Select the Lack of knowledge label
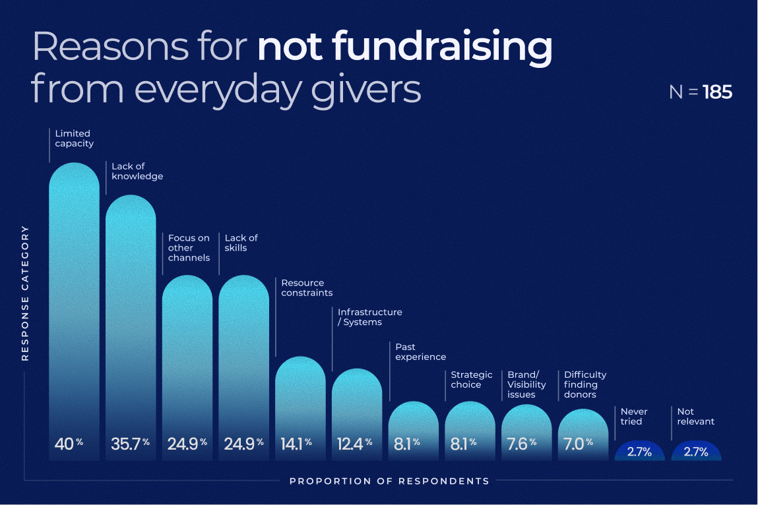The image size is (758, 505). (137, 171)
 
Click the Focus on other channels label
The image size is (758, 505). (189, 248)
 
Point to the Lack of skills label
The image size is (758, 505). (241, 243)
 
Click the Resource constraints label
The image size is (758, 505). (307, 287)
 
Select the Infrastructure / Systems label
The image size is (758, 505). (369, 317)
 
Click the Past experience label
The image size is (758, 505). (420, 351)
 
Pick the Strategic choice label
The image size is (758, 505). (471, 380)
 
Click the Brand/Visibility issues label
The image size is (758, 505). (526, 384)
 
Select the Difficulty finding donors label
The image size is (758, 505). (584, 384)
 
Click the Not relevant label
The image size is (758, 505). (695, 416)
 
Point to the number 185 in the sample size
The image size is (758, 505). (717, 92)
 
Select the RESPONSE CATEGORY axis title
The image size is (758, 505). (26, 293)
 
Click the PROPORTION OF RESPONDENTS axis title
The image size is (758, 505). (389, 481)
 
